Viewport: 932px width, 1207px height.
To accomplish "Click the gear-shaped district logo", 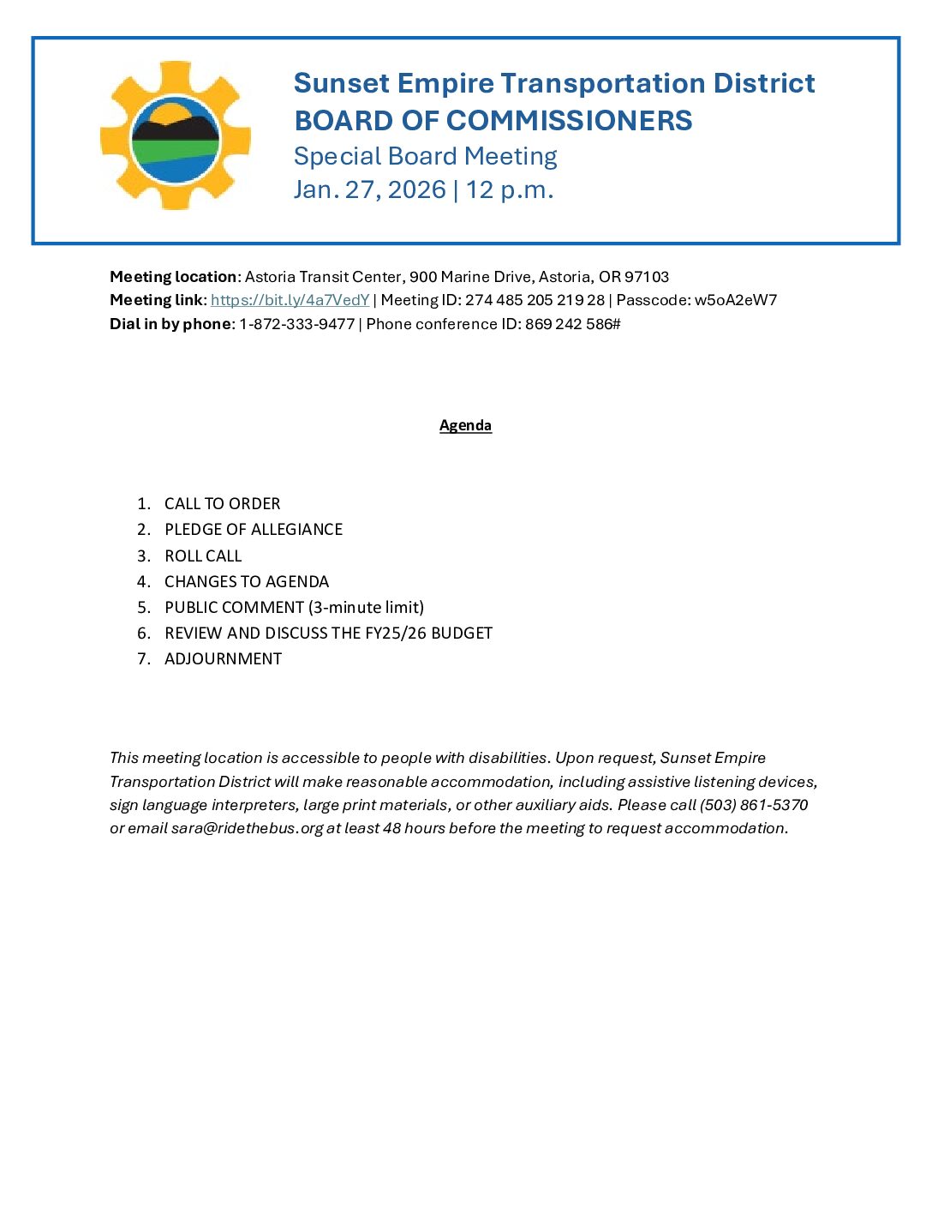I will click(176, 135).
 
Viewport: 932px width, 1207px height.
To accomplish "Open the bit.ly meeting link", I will click(290, 300).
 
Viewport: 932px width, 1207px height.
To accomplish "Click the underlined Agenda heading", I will click(465, 425).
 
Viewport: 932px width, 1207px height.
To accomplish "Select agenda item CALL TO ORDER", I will click(222, 504).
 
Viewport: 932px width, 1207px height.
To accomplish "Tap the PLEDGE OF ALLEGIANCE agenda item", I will click(254, 530).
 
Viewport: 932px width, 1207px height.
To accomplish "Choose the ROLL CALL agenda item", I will click(203, 555).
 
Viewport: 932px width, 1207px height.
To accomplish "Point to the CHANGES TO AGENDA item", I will click(247, 581).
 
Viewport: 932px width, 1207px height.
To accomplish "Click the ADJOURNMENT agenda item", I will click(223, 658).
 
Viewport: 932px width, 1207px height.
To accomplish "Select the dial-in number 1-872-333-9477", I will click(296, 324).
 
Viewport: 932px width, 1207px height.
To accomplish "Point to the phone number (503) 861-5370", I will click(754, 805).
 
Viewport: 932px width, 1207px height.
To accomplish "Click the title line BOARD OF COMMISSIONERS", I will click(493, 121).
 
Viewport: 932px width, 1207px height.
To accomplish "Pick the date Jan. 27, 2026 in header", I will click(369, 189).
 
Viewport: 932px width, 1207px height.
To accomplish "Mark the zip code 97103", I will click(647, 277).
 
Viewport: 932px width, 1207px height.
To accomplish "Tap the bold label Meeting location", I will click(173, 277).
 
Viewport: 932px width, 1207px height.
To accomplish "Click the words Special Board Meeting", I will click(425, 156).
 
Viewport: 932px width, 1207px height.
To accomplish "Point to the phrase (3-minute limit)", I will click(366, 607).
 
